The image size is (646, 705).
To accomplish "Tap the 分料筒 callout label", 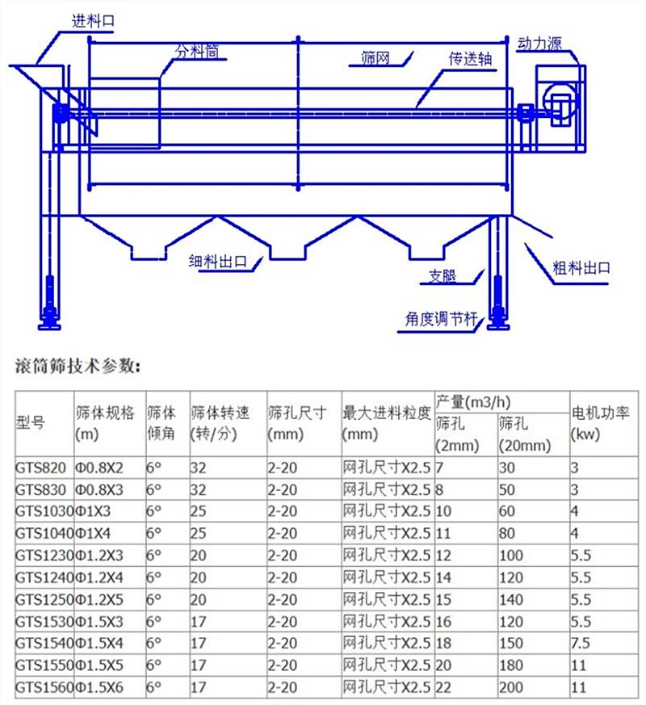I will [x=197, y=52].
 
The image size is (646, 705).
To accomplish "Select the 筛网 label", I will [x=375, y=58].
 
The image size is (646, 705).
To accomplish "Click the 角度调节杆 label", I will [x=439, y=318].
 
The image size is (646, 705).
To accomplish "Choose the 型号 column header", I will [x=31, y=423].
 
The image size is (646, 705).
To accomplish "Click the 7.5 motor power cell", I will [x=581, y=644].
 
